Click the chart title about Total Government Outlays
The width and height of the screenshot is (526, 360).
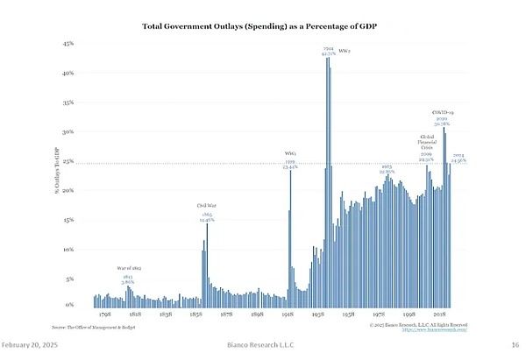[262, 26]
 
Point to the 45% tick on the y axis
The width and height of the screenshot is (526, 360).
[68, 43]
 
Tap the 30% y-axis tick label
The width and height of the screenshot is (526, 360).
[68, 132]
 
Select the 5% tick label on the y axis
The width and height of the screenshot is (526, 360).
[69, 279]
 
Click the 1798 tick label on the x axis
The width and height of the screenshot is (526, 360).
[104, 314]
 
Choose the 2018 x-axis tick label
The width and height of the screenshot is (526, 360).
[439, 314]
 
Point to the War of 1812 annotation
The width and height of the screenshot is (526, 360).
[129, 268]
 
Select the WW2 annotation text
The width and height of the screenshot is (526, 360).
[345, 50]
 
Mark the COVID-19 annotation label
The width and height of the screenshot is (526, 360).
[443, 113]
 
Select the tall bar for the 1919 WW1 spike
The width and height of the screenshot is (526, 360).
[290, 236]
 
